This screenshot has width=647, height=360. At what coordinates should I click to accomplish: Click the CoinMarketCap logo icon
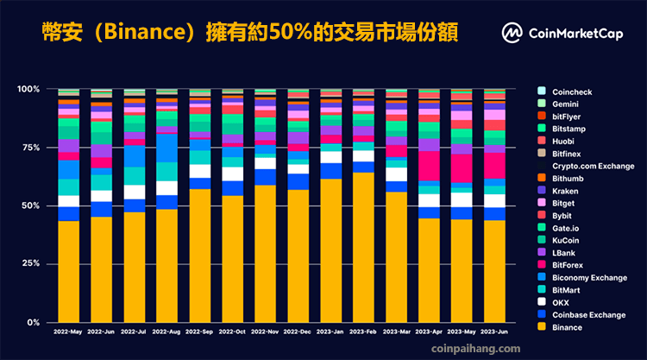pos(512,33)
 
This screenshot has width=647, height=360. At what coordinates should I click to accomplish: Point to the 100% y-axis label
pos(28,89)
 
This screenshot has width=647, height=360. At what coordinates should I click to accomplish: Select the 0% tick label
pos(32,322)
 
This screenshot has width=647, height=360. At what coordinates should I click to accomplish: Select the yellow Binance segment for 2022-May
pos(68,271)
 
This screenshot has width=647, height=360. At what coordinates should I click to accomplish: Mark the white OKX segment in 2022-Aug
pos(167,188)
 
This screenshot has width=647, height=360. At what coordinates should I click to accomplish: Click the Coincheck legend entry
pos(572,90)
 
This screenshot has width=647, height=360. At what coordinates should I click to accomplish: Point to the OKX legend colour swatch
pos(541,302)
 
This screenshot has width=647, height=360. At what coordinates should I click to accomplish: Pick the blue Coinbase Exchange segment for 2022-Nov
pos(267,177)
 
